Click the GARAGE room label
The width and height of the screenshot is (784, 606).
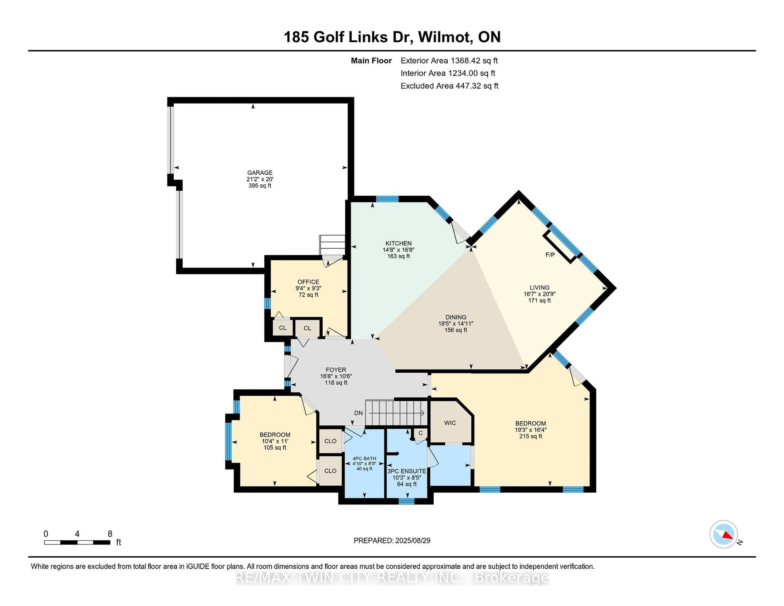point(259,173)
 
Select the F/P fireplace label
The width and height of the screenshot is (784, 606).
point(550,255)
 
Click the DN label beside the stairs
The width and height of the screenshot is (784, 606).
point(358,413)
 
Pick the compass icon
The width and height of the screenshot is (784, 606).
point(724,534)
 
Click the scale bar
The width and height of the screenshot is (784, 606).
point(77,543)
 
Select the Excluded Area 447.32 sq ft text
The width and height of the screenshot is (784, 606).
point(449,86)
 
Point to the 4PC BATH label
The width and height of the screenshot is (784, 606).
point(364,458)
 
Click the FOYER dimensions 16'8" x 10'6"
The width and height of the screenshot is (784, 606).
point(336,376)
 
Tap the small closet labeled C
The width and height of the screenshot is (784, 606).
point(420,433)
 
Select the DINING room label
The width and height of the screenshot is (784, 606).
point(455,317)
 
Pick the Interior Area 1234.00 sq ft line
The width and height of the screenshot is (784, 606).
point(448,73)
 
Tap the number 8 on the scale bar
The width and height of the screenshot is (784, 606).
point(110,534)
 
